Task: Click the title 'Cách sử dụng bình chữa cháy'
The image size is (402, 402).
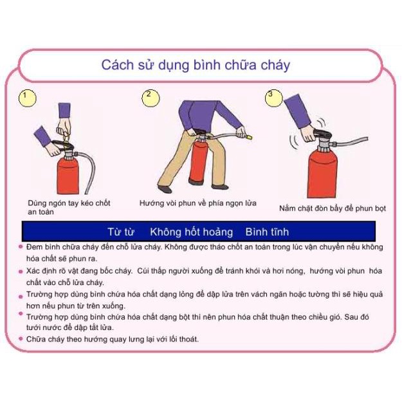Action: click(x=196, y=66)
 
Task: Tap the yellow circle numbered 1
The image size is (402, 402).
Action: click(x=28, y=98)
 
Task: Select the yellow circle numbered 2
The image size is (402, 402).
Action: click(x=151, y=98)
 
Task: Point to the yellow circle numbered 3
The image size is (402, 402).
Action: click(x=273, y=98)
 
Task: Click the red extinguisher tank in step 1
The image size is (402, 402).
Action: click(x=68, y=176)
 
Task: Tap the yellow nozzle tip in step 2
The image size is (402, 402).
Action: click(x=249, y=138)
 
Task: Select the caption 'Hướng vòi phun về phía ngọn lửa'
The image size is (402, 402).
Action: click(x=198, y=203)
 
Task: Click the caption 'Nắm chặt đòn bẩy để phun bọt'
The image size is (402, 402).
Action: click(x=333, y=208)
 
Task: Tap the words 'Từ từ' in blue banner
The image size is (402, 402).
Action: click(x=121, y=232)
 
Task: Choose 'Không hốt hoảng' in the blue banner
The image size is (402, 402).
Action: click(x=192, y=232)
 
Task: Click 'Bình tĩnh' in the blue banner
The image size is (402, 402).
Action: click(x=267, y=232)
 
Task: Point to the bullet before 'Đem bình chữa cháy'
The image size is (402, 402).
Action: click(x=21, y=247)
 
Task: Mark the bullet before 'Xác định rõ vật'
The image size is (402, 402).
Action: click(x=21, y=271)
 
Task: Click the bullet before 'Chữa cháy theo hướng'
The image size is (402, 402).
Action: click(x=21, y=339)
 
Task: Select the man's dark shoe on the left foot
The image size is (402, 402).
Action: click(x=165, y=189)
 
